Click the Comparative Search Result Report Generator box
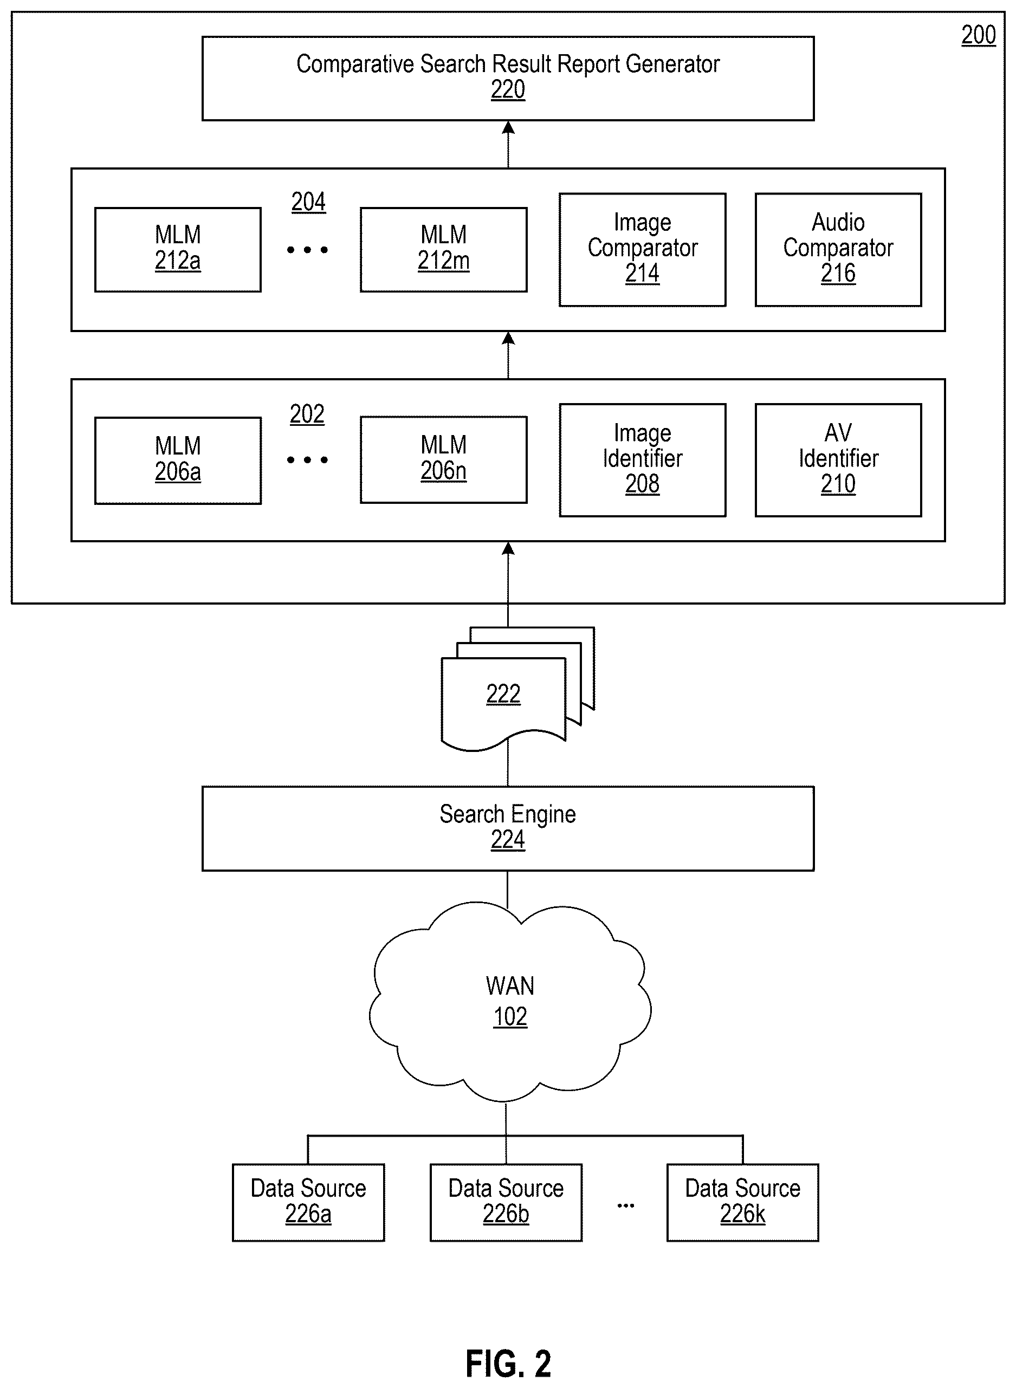tap(508, 78)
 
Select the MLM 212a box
tap(178, 249)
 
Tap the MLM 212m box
tap(443, 249)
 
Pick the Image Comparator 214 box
tap(642, 249)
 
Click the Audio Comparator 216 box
tap(838, 249)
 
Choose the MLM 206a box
tap(178, 460)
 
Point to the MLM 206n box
tap(443, 459)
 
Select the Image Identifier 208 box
tap(642, 459)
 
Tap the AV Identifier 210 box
tap(838, 459)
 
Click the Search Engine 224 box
tap(508, 828)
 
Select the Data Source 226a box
tap(308, 1202)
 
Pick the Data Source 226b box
tap(506, 1202)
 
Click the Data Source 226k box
tap(742, 1202)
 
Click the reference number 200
tap(979, 35)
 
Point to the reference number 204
tap(308, 202)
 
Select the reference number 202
tap(307, 414)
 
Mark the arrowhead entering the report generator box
tap(508, 127)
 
